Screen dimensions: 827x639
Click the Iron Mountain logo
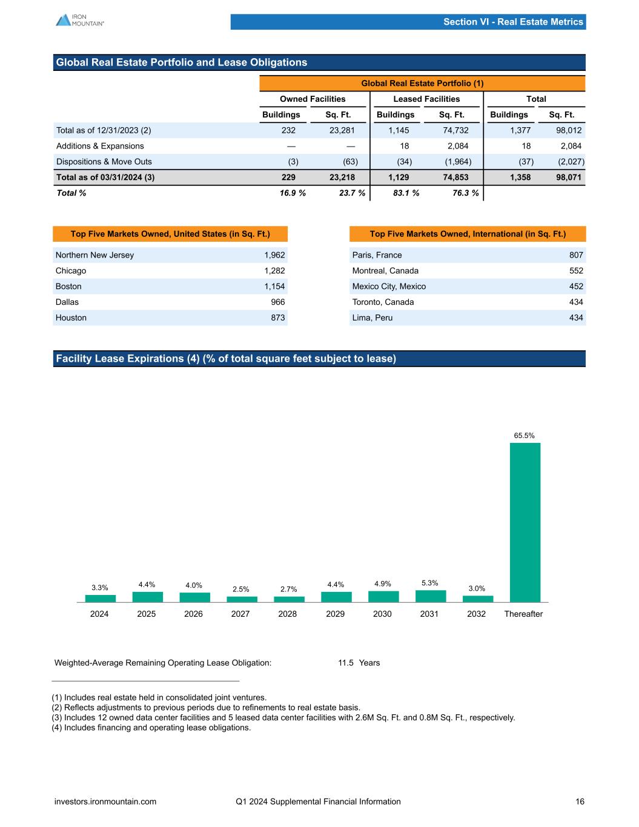click(79, 20)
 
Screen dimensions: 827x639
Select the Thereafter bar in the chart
click(525, 522)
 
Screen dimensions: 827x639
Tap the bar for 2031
click(430, 596)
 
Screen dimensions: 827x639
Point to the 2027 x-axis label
click(240, 614)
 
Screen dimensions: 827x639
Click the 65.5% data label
click(525, 435)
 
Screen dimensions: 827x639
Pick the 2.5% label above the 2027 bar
click(240, 589)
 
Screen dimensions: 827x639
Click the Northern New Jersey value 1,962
click(274, 255)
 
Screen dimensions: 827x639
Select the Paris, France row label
click(377, 255)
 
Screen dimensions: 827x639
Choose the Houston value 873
click(277, 317)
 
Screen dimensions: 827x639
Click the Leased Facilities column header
click(426, 99)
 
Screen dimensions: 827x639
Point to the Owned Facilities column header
click(313, 99)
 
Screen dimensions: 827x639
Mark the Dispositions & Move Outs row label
click(104, 162)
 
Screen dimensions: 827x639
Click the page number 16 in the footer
click(580, 802)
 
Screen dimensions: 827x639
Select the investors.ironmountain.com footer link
click(105, 802)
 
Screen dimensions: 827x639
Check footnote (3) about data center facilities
click(283, 717)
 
